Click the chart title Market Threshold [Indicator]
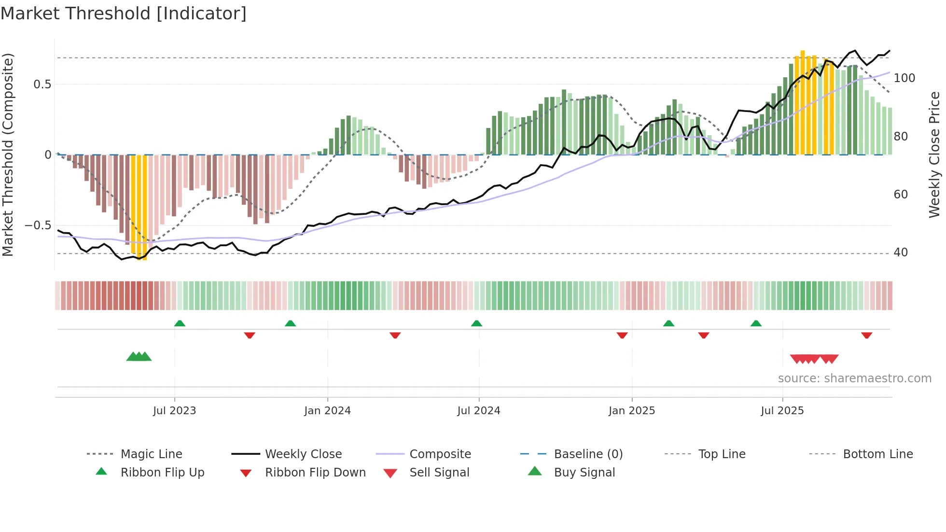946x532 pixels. pos(124,14)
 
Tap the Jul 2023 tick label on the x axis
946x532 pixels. pos(174,411)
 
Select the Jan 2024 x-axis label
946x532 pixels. pos(327,411)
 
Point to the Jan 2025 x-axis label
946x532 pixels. pos(631,411)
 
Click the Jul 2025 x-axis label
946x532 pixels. pos(782,411)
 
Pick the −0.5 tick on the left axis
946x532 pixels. pos(38,225)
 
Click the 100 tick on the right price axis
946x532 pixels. pos(904,78)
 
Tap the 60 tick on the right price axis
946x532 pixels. pos(901,195)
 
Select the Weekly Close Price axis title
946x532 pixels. pos(934,154)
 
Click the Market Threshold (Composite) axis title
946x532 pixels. pos(8,154)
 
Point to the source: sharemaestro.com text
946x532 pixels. pos(854,378)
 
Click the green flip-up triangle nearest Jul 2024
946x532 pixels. pos(476,323)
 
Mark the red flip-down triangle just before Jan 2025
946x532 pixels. pos(622,335)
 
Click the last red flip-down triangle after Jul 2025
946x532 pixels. pos(866,335)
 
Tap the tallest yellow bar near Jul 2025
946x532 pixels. pos(802,101)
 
